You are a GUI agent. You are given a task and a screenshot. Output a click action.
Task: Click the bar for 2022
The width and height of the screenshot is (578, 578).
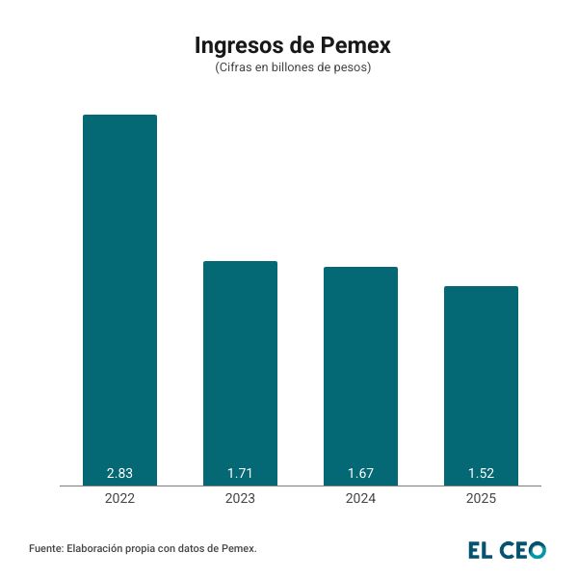pos(119,300)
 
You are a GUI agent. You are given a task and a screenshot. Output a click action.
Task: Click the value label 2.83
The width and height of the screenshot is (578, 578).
pos(119,473)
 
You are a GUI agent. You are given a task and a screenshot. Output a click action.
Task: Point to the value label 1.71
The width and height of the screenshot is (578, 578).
pos(240,473)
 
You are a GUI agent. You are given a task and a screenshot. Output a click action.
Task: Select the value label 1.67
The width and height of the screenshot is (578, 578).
pos(360,473)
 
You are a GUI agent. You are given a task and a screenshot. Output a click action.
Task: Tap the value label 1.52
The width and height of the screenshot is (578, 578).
pos(481,473)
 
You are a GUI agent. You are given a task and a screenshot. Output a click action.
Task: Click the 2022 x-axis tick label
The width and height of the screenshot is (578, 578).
pos(119,499)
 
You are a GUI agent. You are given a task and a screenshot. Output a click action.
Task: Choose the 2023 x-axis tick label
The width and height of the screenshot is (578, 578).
pos(240,499)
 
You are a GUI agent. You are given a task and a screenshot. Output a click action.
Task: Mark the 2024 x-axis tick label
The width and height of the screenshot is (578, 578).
pos(360,499)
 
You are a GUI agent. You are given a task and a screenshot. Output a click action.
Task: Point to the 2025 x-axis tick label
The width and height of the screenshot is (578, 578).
pos(481,499)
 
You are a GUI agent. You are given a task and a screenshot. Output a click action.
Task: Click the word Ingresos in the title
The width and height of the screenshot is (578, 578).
pos(239,46)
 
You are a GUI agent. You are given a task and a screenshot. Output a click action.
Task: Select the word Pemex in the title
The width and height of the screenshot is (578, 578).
pos(356,45)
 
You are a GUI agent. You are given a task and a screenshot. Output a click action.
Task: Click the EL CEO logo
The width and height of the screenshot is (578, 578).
pos(507,550)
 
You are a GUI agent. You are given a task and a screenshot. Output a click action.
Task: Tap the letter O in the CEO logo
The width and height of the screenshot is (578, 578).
pos(536,550)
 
